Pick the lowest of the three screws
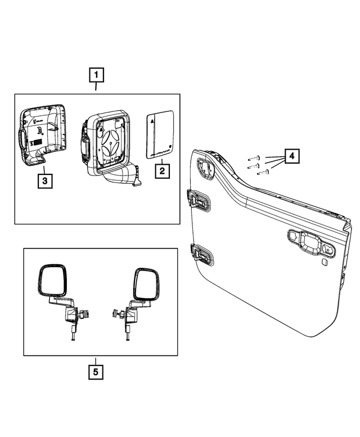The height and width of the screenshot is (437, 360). click(261, 173)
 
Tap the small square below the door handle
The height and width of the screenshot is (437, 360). click(326, 262)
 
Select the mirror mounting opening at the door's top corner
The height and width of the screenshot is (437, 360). click(206, 166)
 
